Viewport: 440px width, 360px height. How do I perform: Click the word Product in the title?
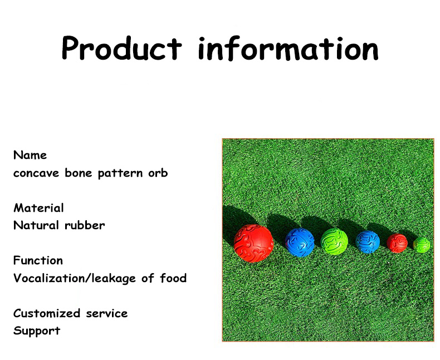(121, 48)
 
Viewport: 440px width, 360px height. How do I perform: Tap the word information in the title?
(288, 48)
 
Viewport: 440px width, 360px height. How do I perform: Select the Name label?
(30, 155)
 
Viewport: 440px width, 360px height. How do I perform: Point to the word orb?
(158, 173)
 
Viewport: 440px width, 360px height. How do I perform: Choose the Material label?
(38, 208)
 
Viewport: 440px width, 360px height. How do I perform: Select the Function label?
(38, 260)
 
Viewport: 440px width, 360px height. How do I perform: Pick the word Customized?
(46, 313)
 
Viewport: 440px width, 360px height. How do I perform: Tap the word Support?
(36, 331)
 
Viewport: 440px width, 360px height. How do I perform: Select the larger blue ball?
(300, 242)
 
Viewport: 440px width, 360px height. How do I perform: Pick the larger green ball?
(334, 242)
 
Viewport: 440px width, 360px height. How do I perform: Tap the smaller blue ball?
(368, 242)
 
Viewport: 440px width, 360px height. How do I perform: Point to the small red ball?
(397, 243)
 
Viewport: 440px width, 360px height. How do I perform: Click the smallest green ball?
(422, 245)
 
